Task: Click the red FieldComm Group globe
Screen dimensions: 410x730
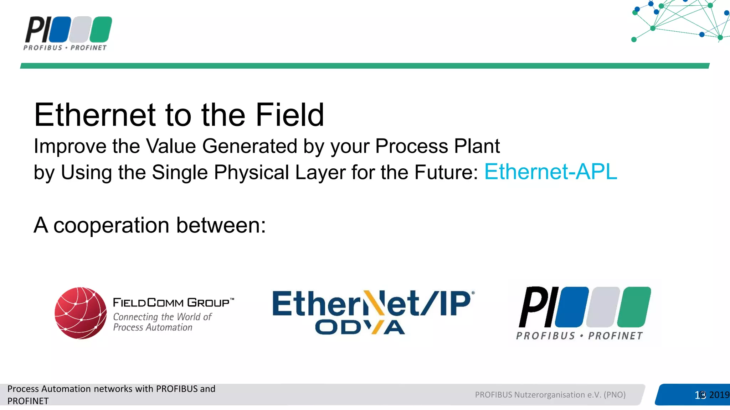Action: tap(81, 313)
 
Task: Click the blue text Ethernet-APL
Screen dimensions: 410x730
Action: tap(550, 172)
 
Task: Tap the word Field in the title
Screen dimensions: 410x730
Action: tap(289, 115)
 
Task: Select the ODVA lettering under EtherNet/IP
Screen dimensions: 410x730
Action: tap(360, 327)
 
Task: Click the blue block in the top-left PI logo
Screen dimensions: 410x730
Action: tap(60, 30)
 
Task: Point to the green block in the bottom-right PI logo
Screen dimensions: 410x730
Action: tap(634, 307)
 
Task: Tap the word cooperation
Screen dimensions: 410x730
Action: tap(111, 225)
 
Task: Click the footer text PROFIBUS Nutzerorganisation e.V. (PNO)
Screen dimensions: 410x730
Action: tap(550, 395)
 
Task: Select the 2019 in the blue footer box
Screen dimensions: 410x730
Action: tap(719, 395)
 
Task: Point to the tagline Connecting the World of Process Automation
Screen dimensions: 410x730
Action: tap(162, 322)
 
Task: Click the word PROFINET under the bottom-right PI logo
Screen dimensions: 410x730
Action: tap(615, 336)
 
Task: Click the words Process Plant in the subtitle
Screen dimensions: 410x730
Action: tap(437, 146)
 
